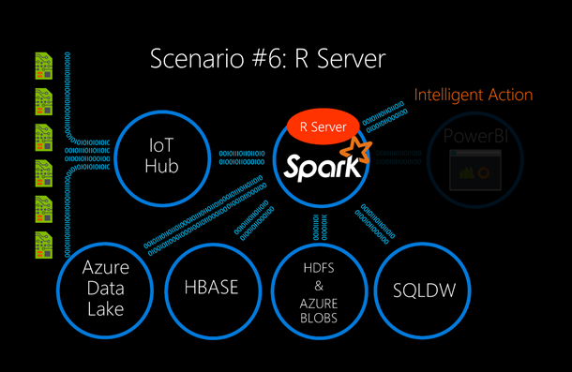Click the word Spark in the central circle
(x=318, y=169)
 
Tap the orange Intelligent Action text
(x=474, y=95)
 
